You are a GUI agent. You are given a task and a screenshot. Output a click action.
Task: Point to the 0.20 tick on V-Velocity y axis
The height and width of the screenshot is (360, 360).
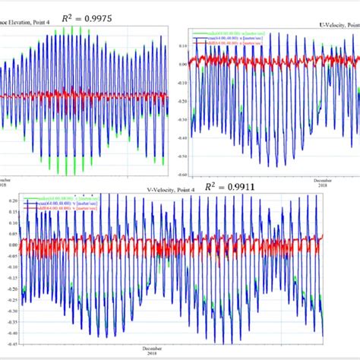(x=12, y=201)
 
